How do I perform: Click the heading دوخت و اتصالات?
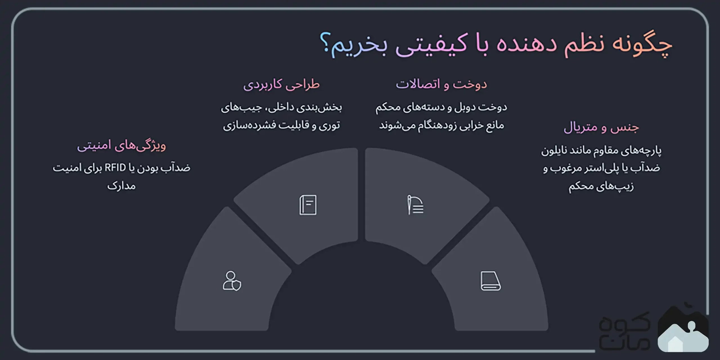[441, 85]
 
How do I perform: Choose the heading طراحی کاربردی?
[281, 85]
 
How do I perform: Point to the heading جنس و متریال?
[601, 128]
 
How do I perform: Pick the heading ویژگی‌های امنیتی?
[121, 146]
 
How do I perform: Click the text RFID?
[115, 168]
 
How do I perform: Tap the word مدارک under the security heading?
[121, 186]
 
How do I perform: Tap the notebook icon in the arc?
[308, 205]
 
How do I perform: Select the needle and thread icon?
[415, 205]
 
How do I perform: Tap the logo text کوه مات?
[624, 332]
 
